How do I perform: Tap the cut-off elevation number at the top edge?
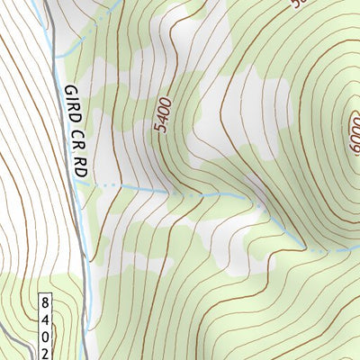click(297, 4)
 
